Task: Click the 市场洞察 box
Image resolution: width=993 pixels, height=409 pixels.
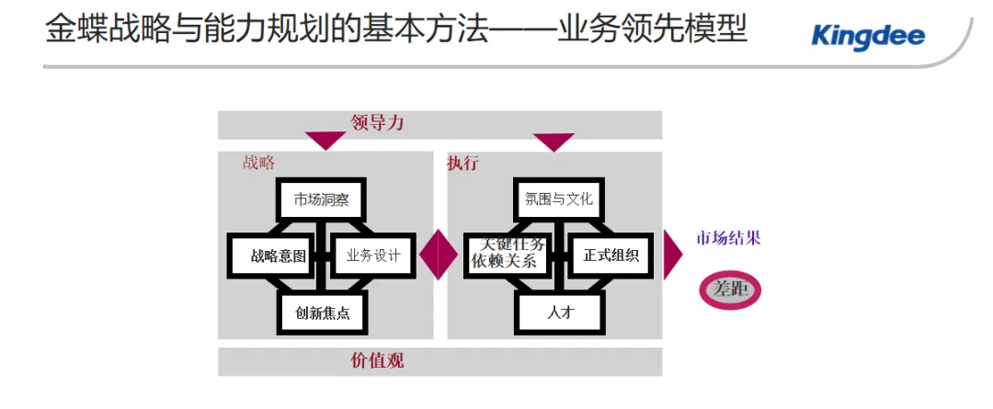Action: tap(321, 199)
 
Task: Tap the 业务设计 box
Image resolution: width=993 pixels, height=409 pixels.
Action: tap(372, 256)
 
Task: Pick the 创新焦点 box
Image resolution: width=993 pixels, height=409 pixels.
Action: tap(322, 312)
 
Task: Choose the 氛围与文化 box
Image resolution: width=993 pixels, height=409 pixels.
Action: tap(559, 199)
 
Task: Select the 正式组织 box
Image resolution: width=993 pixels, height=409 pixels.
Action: tap(611, 256)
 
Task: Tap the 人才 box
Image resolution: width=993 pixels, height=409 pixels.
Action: tap(559, 312)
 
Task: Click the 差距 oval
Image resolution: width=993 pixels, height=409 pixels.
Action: tap(731, 290)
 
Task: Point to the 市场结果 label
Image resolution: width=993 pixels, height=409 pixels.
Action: tap(727, 239)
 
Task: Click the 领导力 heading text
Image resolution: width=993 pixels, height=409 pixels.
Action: tap(377, 123)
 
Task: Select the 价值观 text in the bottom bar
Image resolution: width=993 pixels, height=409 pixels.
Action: tap(377, 360)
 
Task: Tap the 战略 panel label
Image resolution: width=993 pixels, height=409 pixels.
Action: tap(258, 163)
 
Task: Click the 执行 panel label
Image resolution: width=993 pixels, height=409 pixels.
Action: tap(462, 163)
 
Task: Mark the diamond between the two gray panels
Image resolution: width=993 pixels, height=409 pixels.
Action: tap(439, 255)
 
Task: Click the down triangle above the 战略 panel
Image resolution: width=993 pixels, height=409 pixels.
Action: tap(325, 141)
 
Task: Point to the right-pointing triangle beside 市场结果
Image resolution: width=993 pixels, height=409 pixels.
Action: tap(673, 255)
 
